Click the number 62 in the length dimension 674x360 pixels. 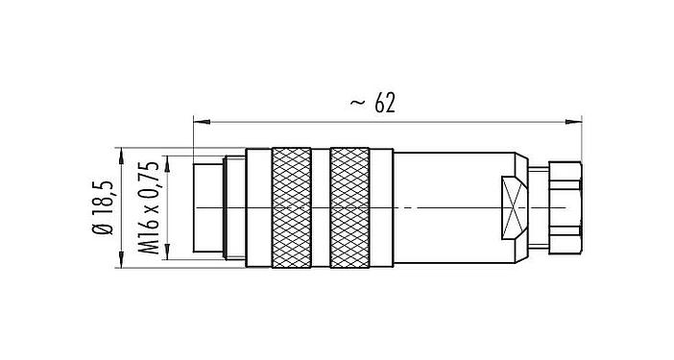[x=388, y=102]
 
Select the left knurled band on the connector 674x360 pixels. [x=292, y=206]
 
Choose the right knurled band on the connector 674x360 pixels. [x=349, y=206]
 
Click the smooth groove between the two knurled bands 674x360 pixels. [x=321, y=206]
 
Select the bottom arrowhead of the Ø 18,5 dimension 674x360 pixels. [x=121, y=260]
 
